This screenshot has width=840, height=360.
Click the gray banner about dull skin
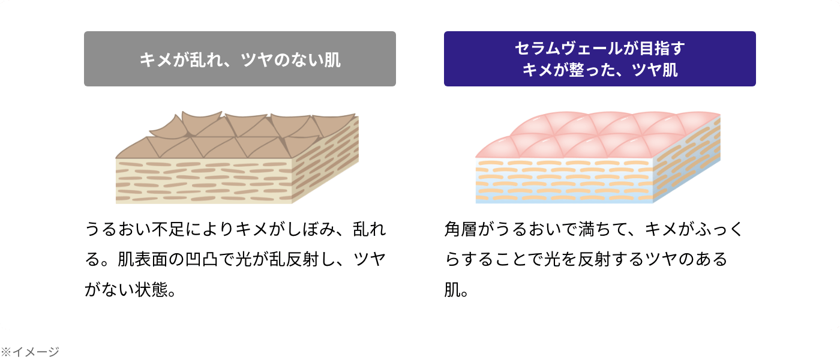(240, 59)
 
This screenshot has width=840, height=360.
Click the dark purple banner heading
(600, 59)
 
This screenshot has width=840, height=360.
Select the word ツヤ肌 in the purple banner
(655, 70)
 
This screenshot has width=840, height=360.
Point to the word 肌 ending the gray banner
(332, 60)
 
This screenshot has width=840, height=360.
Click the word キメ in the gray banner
(155, 60)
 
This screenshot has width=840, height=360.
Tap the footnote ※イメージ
(30, 352)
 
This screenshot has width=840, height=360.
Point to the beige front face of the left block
(203, 181)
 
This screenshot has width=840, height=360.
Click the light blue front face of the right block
(564, 181)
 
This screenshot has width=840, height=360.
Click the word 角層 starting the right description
(461, 229)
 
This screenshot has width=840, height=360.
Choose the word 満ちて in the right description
(604, 229)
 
